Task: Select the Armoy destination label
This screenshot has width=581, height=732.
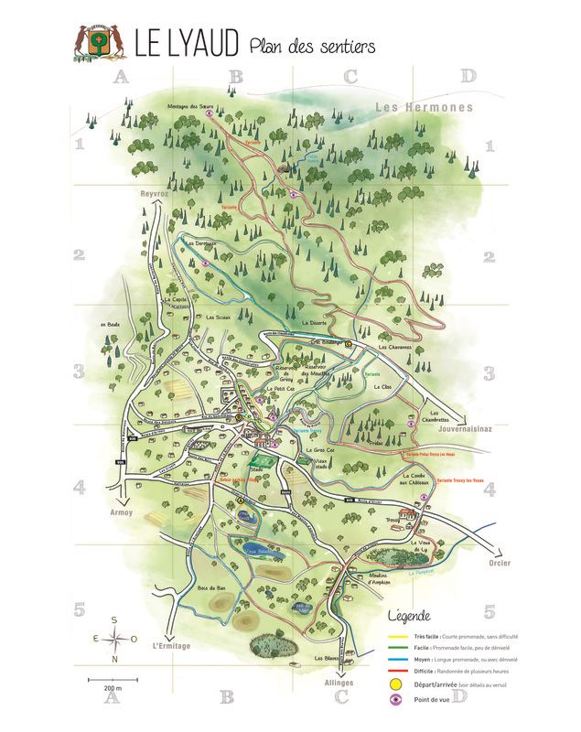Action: coord(121,512)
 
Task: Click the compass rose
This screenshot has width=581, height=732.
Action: coord(114,639)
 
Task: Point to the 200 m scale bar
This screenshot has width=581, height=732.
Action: coord(112,680)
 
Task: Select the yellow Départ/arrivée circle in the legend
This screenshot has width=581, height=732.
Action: coord(395,683)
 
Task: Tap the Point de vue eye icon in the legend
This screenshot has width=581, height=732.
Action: coord(395,700)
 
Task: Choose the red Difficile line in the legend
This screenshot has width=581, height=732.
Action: coord(395,671)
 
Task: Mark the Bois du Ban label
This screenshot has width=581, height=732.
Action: coord(211,587)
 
